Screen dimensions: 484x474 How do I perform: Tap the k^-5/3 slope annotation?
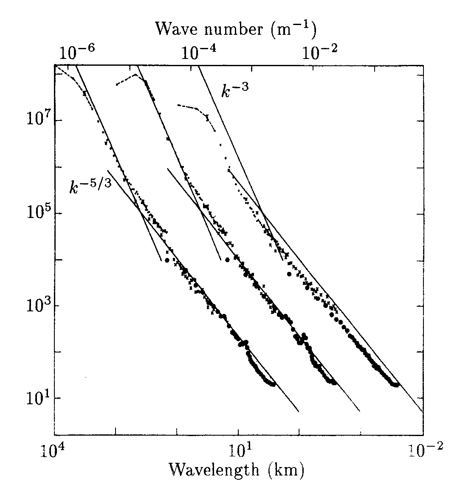tap(90, 187)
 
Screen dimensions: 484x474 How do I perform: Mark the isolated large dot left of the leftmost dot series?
tap(167, 260)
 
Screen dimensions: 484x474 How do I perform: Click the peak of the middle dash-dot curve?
tap(135, 75)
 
